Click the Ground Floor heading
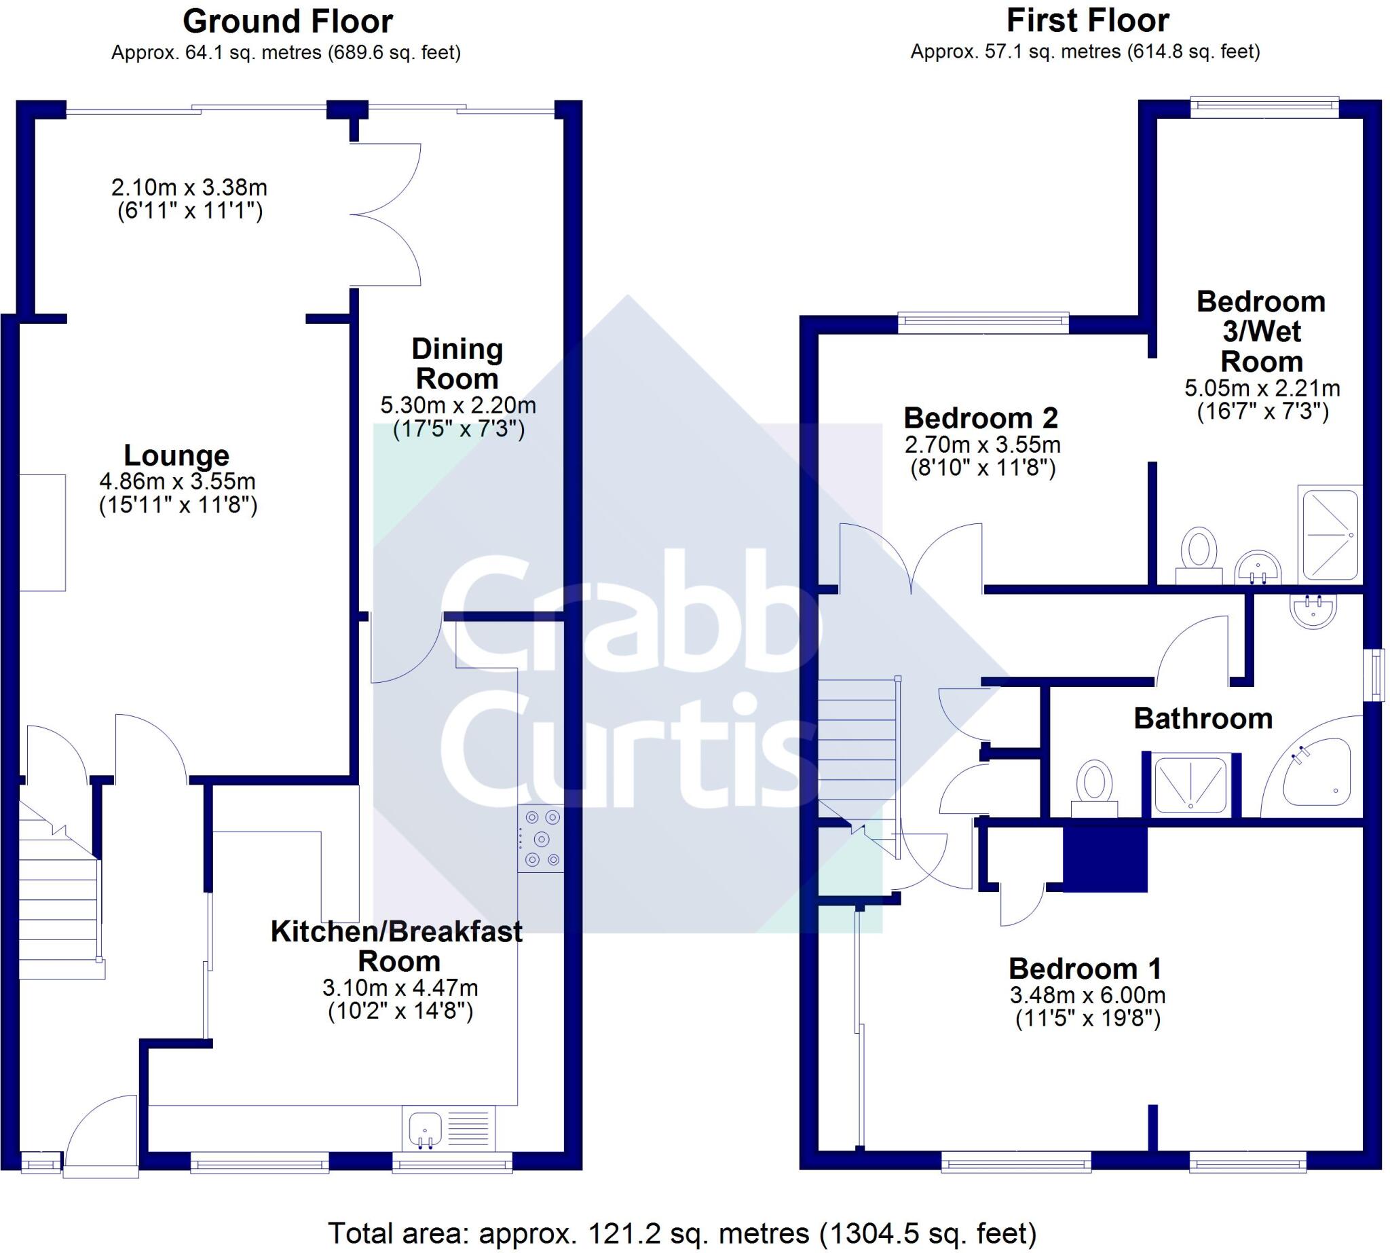click(287, 22)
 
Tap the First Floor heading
click(1087, 20)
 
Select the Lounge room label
click(176, 455)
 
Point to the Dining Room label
click(457, 364)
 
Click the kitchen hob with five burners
click(541, 838)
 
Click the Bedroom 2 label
click(980, 418)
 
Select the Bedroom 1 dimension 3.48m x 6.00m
click(1087, 995)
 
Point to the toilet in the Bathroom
click(1093, 788)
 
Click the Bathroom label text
click(1203, 719)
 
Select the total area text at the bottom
click(681, 1233)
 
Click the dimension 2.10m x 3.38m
click(189, 187)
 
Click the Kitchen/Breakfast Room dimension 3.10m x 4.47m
click(400, 988)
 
